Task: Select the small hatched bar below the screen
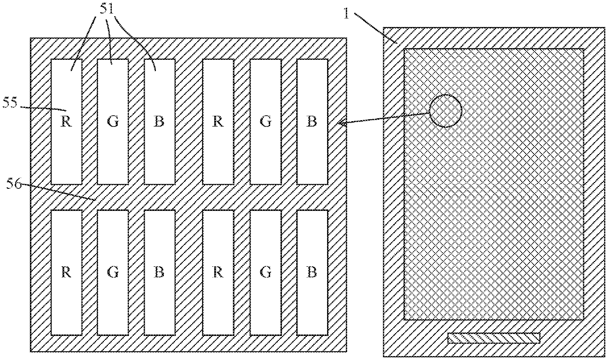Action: [x=493, y=337]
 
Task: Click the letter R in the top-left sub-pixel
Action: [x=66, y=122]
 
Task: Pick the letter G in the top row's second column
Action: [x=113, y=122]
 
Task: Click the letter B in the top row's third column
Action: [x=159, y=122]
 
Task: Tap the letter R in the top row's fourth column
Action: [x=218, y=122]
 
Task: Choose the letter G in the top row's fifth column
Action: [x=265, y=122]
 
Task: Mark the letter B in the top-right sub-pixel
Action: [x=311, y=122]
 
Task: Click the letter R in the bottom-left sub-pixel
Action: [x=66, y=272]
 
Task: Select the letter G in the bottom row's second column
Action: [x=113, y=272]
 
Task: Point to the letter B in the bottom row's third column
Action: [x=159, y=272]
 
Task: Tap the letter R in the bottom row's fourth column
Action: [x=218, y=272]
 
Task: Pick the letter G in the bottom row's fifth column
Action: [x=265, y=272]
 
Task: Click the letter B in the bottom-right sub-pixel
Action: [x=311, y=272]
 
